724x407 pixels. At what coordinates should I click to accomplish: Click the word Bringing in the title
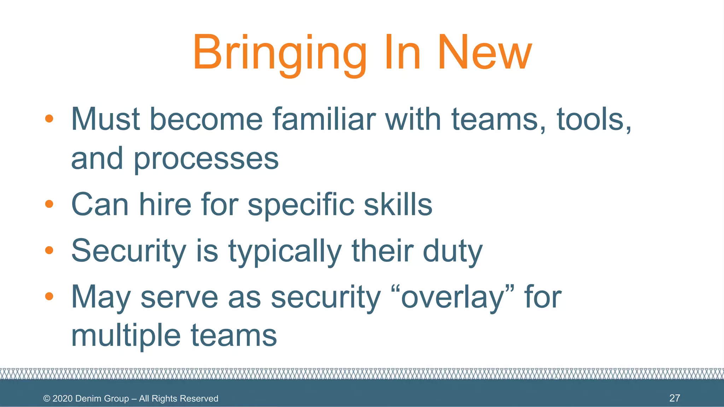click(279, 53)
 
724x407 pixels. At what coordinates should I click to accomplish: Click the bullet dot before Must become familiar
click(49, 119)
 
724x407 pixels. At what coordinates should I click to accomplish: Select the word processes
click(206, 159)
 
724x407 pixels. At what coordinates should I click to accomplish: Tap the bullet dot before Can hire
click(49, 204)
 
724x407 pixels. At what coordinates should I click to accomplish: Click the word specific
click(301, 205)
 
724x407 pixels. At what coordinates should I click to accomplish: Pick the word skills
click(398, 205)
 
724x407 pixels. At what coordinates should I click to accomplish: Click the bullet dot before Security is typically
click(49, 250)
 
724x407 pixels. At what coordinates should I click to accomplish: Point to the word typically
click(285, 252)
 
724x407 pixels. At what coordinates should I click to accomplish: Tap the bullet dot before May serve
click(49, 296)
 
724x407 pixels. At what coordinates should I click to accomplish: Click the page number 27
click(675, 398)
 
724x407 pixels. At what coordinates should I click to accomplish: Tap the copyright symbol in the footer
click(47, 399)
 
